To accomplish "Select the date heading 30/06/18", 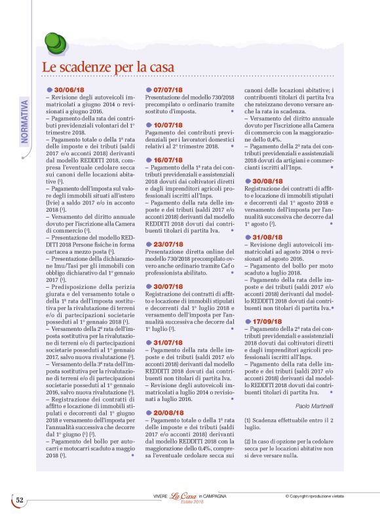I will [69, 89].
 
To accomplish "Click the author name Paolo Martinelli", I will [314, 406].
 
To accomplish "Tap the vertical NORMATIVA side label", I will [25, 122].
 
